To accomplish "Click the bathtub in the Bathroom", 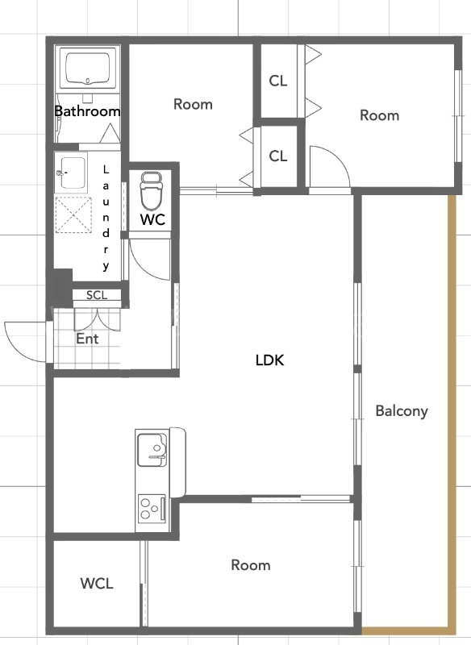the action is tap(87, 68).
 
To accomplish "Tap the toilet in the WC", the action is tap(150, 191).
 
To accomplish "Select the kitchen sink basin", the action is tap(152, 450).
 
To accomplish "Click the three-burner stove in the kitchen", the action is tap(152, 509).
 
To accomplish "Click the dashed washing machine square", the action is tap(73, 215).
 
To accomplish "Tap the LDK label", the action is tap(270, 360).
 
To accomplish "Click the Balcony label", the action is tap(402, 411).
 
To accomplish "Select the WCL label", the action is tap(97, 583).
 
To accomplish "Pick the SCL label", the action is tap(97, 295).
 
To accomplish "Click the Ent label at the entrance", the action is tap(87, 339).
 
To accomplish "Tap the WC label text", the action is tap(152, 219).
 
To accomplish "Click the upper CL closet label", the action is tap(278, 81).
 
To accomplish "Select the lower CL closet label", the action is tap(278, 156).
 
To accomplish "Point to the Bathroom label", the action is tap(87, 111).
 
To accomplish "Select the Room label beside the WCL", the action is tap(251, 565).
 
